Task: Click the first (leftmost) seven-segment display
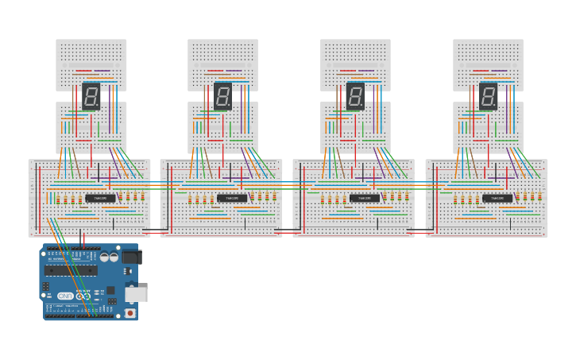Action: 91,95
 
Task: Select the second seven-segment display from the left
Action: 223,95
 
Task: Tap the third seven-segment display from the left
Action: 355,95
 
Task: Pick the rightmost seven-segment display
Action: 488,95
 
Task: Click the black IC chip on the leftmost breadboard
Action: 100,198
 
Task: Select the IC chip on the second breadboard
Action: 233,198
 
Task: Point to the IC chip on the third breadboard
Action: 365,198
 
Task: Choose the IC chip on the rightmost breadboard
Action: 497,198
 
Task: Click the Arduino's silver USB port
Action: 136,294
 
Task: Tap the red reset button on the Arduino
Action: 130,312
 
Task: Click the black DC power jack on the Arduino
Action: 131,257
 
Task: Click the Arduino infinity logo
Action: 82,296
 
